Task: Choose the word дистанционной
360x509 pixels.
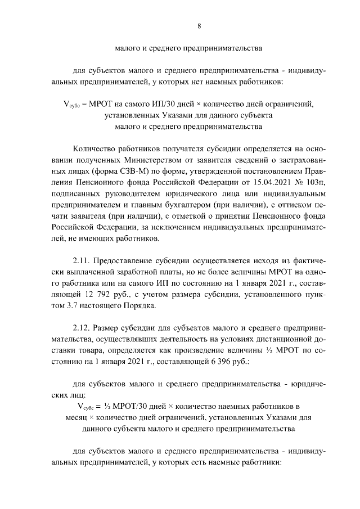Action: coord(286,338)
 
